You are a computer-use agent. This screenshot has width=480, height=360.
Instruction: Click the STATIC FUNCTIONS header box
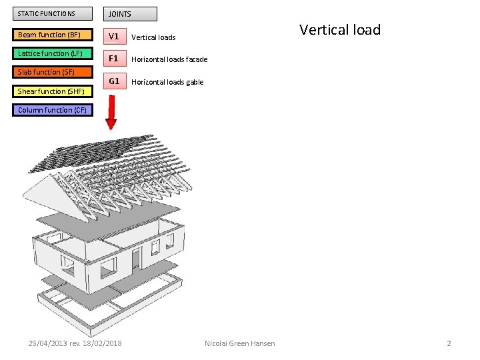click(x=53, y=14)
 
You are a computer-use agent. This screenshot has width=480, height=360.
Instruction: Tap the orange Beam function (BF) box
click(x=53, y=35)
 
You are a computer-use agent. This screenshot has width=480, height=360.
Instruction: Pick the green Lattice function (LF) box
click(x=53, y=53)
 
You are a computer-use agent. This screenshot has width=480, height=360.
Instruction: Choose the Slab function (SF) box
click(x=53, y=72)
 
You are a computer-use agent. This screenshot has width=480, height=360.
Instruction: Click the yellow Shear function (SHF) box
click(x=53, y=91)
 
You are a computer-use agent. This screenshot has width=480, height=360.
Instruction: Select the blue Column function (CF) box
click(x=53, y=110)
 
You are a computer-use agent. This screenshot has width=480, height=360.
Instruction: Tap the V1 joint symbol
click(x=114, y=36)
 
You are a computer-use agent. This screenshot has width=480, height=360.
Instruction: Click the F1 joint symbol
click(x=114, y=59)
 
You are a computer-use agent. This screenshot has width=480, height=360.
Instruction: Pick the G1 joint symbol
click(x=114, y=81)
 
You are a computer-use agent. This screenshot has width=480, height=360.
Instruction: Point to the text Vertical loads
click(x=153, y=37)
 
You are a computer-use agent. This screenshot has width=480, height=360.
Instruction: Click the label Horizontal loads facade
click(x=169, y=59)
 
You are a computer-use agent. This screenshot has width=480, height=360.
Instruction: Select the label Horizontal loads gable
click(x=167, y=82)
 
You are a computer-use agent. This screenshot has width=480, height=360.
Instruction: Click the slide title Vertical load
click(x=340, y=30)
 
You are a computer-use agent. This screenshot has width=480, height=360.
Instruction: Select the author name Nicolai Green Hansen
click(x=240, y=343)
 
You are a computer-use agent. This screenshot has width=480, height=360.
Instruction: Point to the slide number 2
click(x=449, y=343)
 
